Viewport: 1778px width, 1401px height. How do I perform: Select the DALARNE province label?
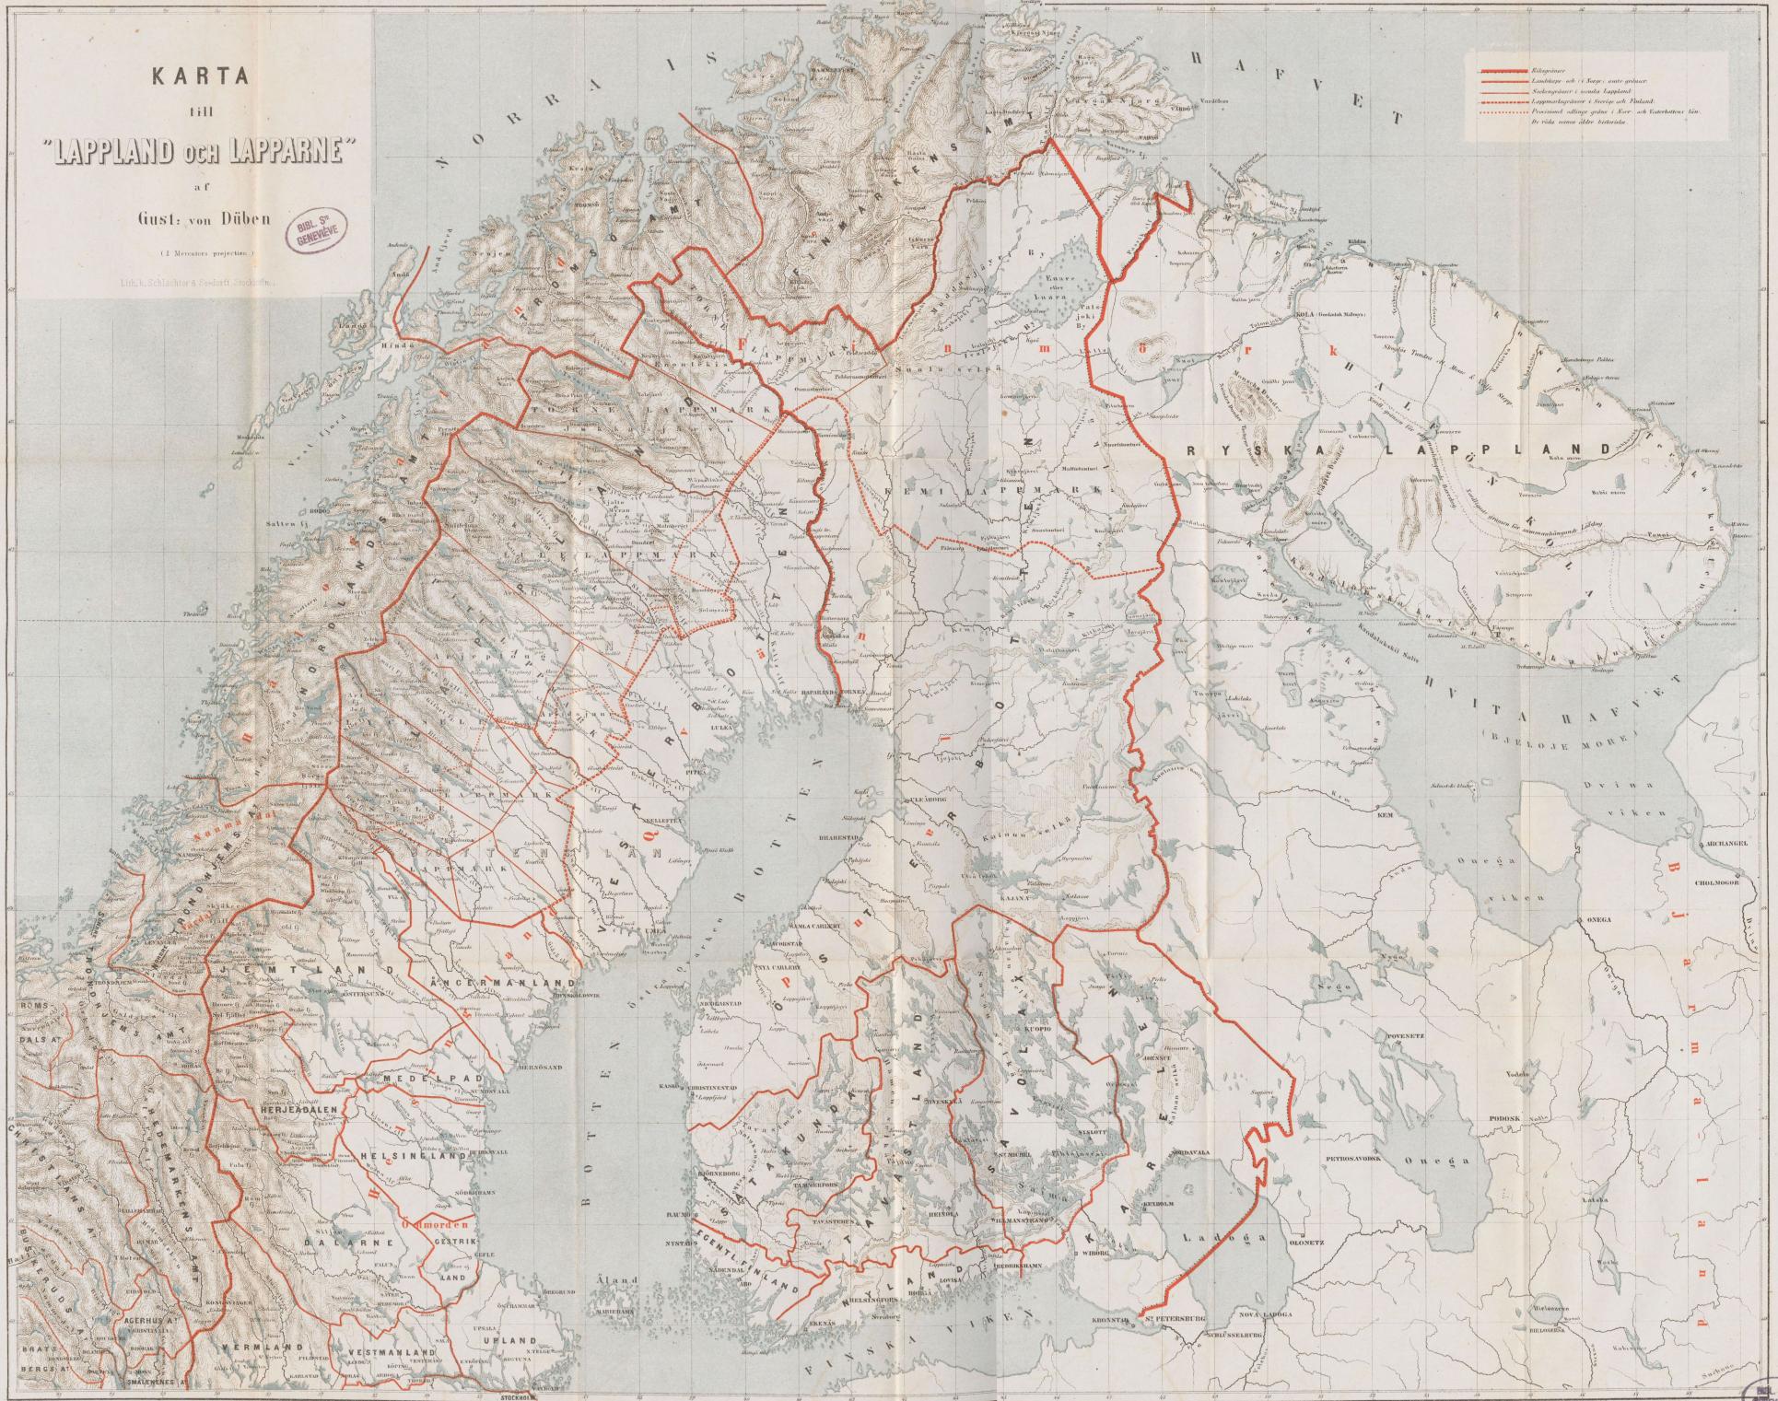click(x=339, y=1243)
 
